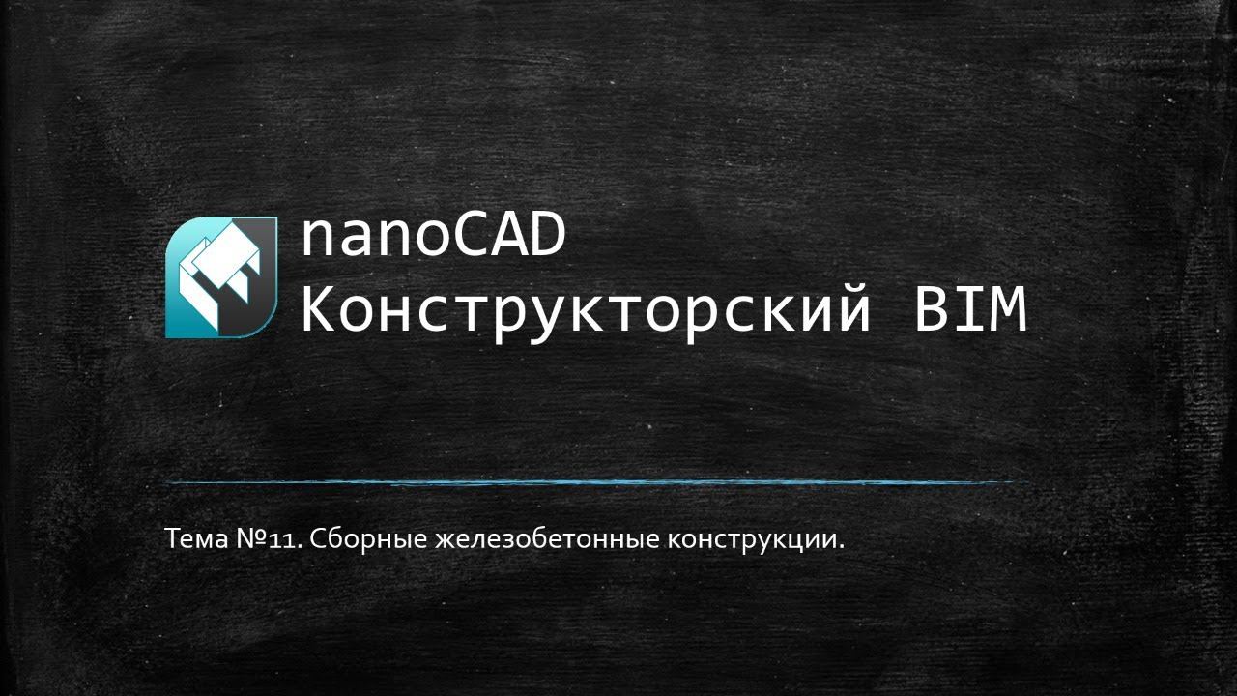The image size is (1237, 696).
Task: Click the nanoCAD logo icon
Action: click(221, 277)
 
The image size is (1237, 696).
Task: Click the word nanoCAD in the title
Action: click(432, 237)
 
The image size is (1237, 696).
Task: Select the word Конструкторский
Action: click(586, 311)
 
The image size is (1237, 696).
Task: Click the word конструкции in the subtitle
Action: click(752, 539)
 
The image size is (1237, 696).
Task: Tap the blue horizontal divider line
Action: click(594, 481)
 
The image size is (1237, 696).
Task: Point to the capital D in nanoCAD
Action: click(545, 237)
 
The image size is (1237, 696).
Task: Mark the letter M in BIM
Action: click(1007, 311)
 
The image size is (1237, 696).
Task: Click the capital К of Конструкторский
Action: click(319, 311)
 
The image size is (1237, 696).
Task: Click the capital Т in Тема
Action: click(172, 538)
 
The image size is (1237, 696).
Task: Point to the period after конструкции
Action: click(841, 546)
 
